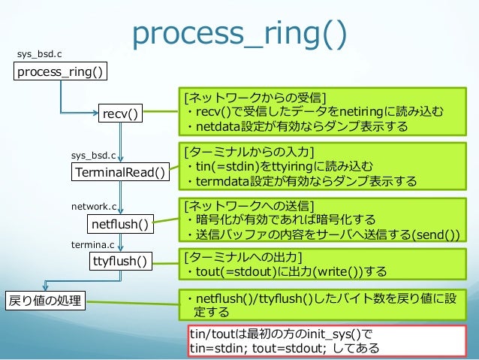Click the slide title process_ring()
tap(239, 32)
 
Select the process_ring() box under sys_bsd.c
tap(62, 71)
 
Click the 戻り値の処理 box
tap(44, 302)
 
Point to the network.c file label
tap(94, 205)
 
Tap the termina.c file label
tap(93, 244)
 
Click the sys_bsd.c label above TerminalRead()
tap(93, 156)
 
